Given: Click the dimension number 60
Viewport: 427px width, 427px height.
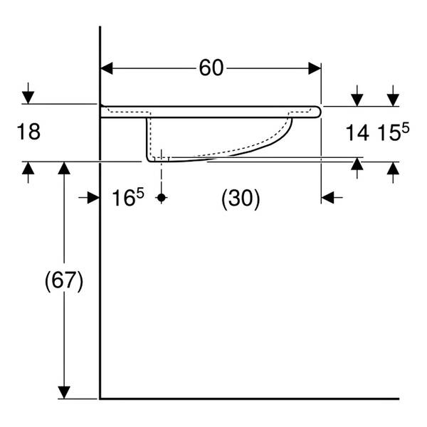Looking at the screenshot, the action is pos(211,68).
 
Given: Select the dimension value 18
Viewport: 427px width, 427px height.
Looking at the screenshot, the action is pos(28,132).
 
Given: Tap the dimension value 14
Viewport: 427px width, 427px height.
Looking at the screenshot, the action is pos(357,133).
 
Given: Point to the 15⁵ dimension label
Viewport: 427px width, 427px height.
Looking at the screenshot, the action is pos(394,132).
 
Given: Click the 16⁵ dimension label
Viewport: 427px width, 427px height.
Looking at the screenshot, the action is pos(128,197).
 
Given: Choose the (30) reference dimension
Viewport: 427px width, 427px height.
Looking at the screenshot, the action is pos(241,199).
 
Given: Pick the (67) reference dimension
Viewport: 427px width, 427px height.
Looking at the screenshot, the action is pos(64,281).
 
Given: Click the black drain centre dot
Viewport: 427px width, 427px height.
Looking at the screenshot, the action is pos(162,197).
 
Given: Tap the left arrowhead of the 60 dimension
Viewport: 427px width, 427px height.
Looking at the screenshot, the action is pos(107,68).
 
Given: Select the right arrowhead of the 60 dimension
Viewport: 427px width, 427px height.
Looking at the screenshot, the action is pos(315,68).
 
